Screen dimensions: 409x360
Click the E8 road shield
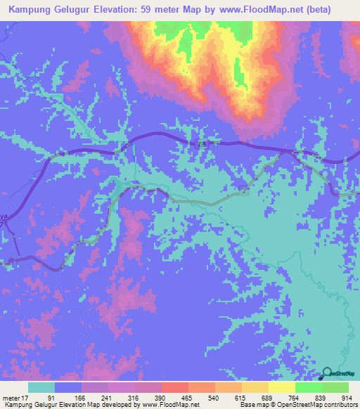tap(201, 143)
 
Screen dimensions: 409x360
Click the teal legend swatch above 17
tap(41, 387)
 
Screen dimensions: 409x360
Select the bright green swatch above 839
tap(308, 387)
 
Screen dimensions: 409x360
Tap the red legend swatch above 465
tap(175, 387)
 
